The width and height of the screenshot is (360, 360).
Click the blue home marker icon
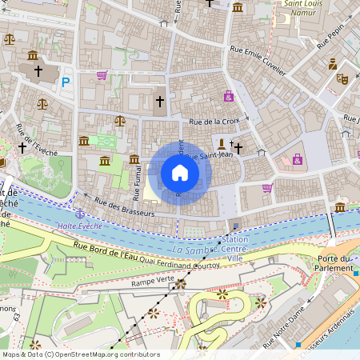tap(180, 173)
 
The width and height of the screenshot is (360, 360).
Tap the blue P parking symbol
tap(66, 81)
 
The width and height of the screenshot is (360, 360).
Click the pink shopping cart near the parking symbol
tap(102, 75)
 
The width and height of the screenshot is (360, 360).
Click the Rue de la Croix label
tap(214, 122)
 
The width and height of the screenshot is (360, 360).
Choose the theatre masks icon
tap(342, 78)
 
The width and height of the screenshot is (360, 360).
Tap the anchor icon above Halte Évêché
tap(79, 214)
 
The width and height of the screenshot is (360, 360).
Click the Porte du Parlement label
tap(335, 263)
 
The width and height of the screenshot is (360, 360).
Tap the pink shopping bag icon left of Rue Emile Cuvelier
tap(229, 97)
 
